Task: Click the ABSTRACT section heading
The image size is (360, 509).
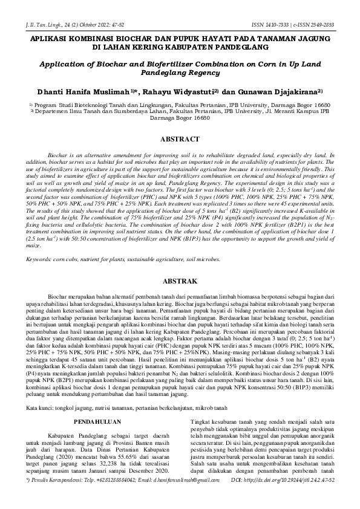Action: tap(180, 139)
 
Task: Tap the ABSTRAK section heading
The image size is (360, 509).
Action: tap(180, 282)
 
